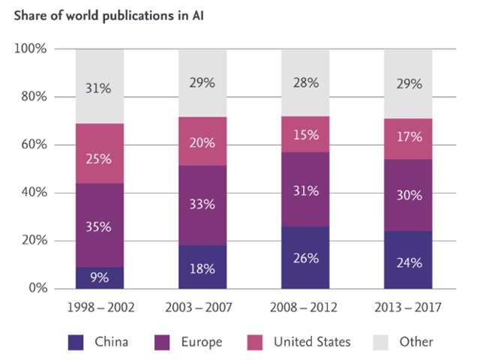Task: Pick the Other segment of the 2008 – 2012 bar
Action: [x=304, y=82]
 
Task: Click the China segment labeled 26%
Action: [x=304, y=258]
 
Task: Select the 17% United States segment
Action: [x=408, y=139]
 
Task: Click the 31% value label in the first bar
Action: [x=99, y=88]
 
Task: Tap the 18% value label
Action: [x=202, y=268]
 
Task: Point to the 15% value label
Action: [x=304, y=136]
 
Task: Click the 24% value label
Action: [x=408, y=263]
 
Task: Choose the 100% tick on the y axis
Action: [x=31, y=49]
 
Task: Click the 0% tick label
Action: [x=37, y=289]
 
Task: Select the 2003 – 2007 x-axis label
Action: [x=202, y=307]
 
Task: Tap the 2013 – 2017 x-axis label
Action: [x=408, y=307]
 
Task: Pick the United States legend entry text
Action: [x=312, y=342]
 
